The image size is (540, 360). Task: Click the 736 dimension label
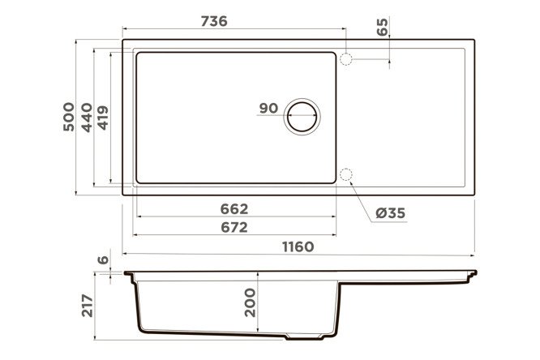point(214,21)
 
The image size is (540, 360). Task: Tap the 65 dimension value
point(382,27)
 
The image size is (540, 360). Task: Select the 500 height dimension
point(69,117)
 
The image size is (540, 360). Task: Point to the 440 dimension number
point(87,118)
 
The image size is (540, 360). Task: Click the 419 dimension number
point(103,118)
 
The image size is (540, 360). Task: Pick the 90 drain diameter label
point(268,108)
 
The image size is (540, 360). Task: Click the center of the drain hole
point(302,117)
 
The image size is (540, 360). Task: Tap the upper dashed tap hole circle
point(345,59)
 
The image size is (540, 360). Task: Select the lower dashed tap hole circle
point(345,174)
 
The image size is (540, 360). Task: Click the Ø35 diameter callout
point(391,213)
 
